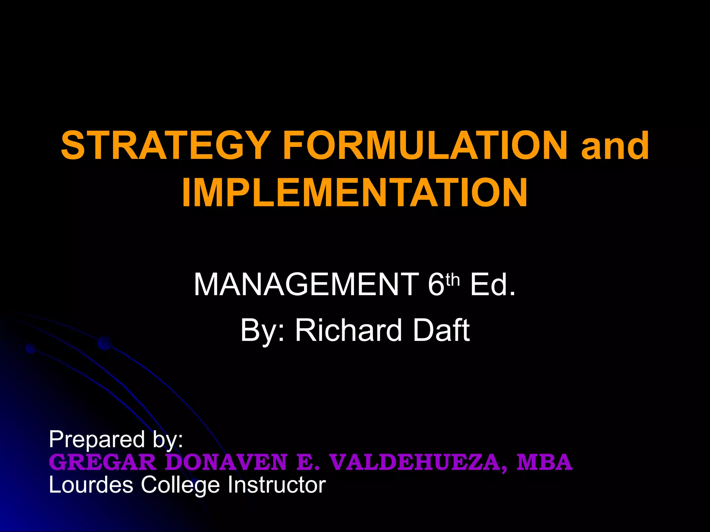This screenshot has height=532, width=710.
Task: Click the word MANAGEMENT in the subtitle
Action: point(306,285)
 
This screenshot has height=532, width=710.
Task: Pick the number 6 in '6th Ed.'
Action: point(436,285)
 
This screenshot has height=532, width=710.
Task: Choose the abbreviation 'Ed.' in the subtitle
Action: point(493,285)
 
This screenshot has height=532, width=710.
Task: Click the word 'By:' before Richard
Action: point(262,330)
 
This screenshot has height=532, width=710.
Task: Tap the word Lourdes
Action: point(91,485)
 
